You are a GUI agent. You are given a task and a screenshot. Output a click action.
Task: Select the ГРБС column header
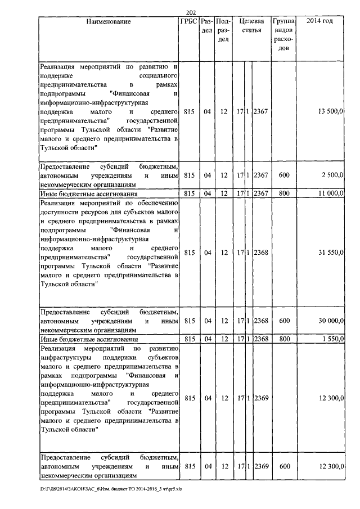(189, 21)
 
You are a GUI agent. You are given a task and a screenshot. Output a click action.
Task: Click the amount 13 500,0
(331, 112)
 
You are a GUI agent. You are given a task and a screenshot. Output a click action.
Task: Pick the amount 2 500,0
(332, 175)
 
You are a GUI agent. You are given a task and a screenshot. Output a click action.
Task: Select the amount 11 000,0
(331, 193)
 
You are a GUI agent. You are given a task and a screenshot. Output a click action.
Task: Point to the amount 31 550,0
(331, 253)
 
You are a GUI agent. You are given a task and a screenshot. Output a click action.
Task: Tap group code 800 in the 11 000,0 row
(284, 193)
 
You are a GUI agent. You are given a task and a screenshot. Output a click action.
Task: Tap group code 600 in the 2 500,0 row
(284, 175)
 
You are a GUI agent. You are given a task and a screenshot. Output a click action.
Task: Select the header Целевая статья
(251, 25)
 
